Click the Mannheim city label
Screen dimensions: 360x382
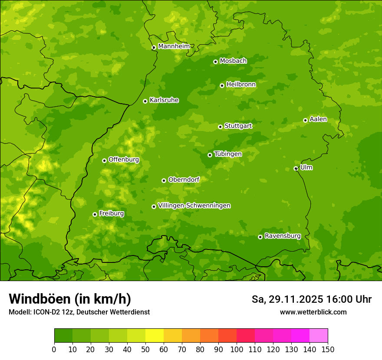click(174, 46)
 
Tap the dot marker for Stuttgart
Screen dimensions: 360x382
click(220, 127)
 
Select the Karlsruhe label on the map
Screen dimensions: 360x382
click(164, 100)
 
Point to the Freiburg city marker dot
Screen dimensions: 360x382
click(95, 214)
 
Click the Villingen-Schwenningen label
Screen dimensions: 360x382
click(194, 206)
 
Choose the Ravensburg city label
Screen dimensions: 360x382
click(283, 236)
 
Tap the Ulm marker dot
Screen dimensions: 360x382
click(296, 168)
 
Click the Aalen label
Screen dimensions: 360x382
click(318, 119)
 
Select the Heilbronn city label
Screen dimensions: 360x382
click(241, 85)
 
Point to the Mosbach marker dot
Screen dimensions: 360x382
click(215, 62)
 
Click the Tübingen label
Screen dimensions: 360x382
click(228, 154)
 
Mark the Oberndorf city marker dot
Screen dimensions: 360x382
click(164, 180)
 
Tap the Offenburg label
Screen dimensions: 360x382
click(124, 160)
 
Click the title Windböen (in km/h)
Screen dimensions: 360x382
click(70, 299)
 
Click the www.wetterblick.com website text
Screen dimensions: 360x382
click(313, 312)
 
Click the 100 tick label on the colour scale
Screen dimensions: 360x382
click(237, 349)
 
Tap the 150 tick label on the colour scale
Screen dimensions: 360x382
click(328, 349)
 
